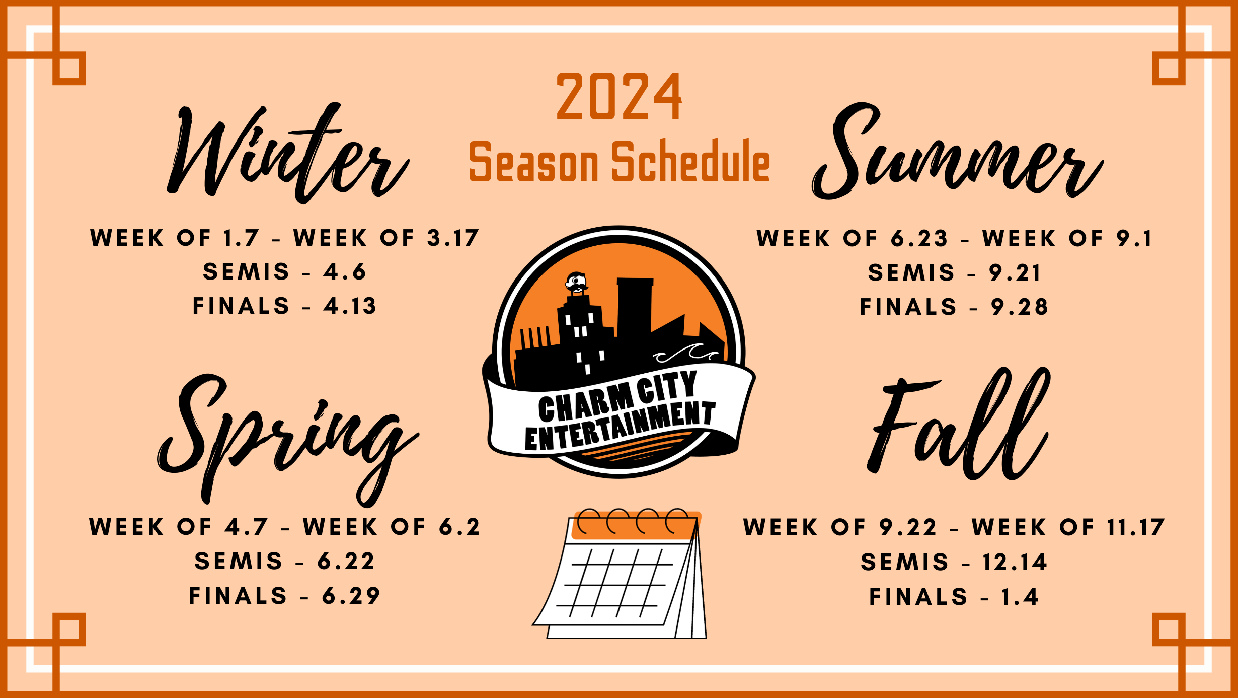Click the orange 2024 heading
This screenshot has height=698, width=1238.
click(x=619, y=96)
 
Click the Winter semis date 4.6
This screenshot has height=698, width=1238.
click(x=345, y=272)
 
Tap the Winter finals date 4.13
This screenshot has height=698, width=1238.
click(x=350, y=306)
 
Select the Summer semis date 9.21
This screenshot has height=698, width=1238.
click(x=1015, y=273)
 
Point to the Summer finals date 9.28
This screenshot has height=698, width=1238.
click(x=1020, y=307)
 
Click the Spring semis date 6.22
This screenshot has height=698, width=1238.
click(x=346, y=562)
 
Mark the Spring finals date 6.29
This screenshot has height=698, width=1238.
click(x=351, y=596)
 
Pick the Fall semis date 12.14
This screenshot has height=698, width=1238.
click(x=1015, y=563)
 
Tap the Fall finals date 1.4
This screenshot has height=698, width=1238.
click(x=1020, y=597)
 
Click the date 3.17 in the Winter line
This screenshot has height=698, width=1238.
click(x=453, y=238)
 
